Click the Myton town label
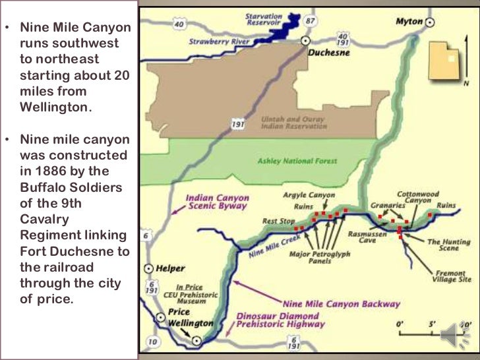pyautogui.click(x=408, y=22)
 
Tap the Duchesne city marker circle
pyautogui.click(x=305, y=40)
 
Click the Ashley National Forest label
pyautogui.click(x=297, y=161)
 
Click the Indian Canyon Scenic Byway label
pyautogui.click(x=217, y=202)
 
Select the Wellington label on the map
pyautogui.click(x=191, y=323)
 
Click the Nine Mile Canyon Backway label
pyautogui.click(x=341, y=304)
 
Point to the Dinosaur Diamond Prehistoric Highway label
pyautogui.click(x=280, y=320)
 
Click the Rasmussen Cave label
pyautogui.click(x=362, y=236)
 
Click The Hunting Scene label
pyautogui.click(x=442, y=246)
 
